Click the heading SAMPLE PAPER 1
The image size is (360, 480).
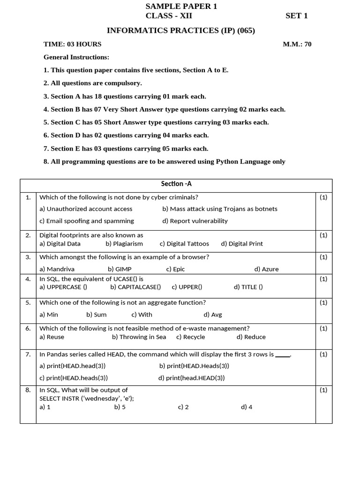(x=181, y=6)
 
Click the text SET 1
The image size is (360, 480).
(x=296, y=16)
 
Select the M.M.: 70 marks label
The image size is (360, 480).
(x=297, y=45)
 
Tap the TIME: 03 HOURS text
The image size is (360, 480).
(x=72, y=45)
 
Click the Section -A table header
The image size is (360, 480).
(x=176, y=184)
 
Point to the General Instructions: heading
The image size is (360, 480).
(x=76, y=57)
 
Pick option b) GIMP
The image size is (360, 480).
(x=120, y=269)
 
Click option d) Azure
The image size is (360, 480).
(x=266, y=269)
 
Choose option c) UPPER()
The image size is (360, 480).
(x=187, y=287)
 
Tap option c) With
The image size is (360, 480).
(x=142, y=315)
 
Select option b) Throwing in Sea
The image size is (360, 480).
(x=139, y=337)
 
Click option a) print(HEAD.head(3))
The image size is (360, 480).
(x=73, y=366)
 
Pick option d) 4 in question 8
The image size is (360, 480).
(x=247, y=407)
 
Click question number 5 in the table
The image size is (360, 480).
(x=28, y=302)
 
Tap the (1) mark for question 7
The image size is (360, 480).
(x=323, y=354)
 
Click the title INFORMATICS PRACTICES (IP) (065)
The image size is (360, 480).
(x=181, y=30)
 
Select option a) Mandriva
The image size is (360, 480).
(x=57, y=269)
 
